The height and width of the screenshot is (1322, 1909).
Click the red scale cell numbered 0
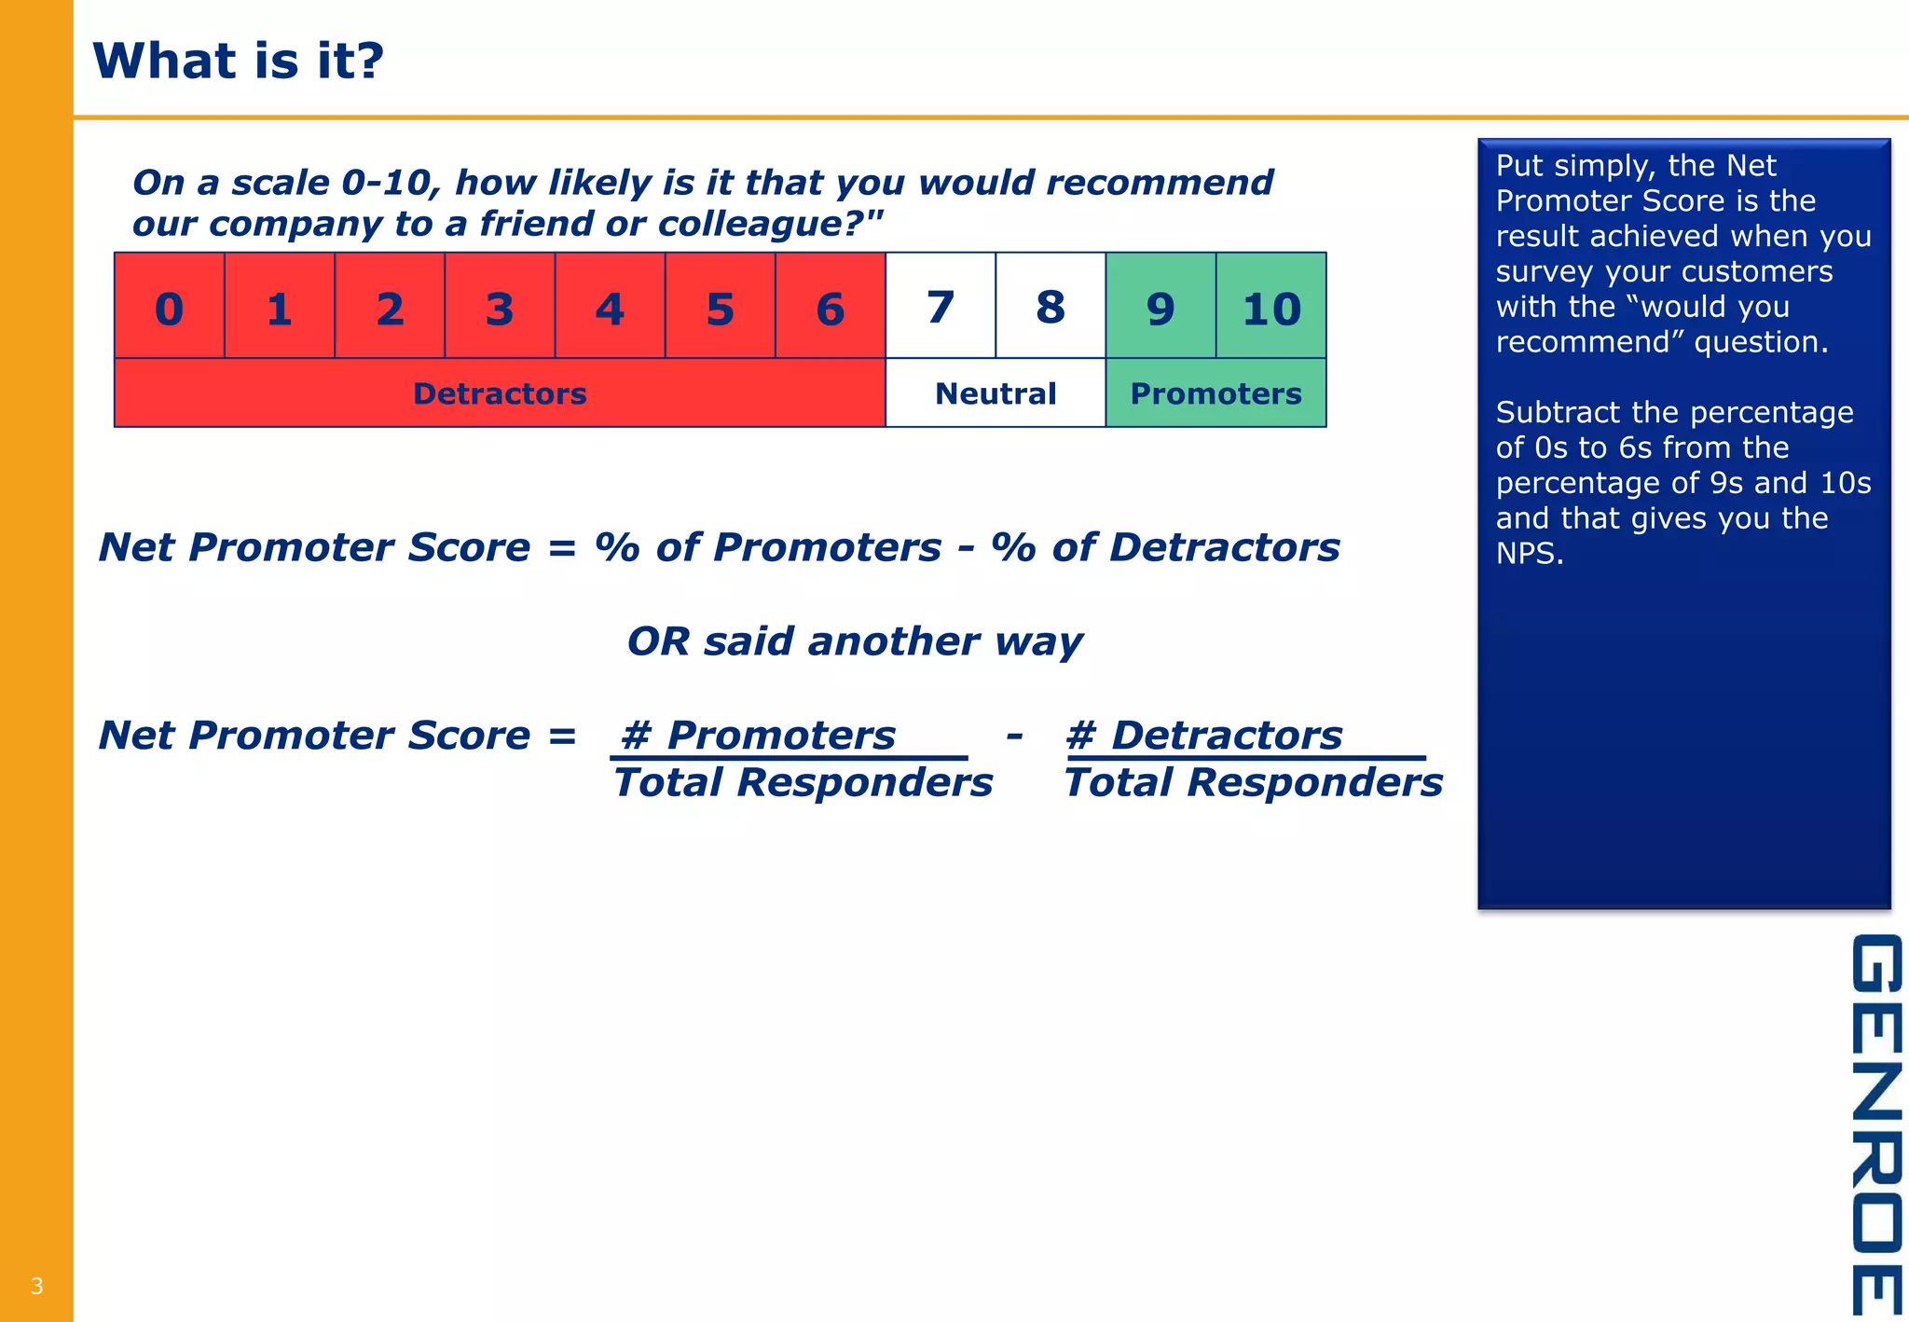pos(169,308)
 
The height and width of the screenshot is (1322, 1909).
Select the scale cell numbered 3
pos(500,308)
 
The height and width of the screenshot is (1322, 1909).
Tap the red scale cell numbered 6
pos(830,308)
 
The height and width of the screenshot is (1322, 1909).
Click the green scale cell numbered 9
pos(1160,308)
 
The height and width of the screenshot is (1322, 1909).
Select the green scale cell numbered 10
pos(1270,308)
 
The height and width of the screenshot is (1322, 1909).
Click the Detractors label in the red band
pos(500,393)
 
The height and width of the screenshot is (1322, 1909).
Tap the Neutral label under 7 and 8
pos(996,393)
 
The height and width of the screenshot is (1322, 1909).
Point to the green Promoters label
pos(1215,393)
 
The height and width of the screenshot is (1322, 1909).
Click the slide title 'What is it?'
pos(239,61)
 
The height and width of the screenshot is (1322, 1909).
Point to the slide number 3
pos(37,1287)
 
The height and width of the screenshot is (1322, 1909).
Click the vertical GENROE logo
pos(1875,1123)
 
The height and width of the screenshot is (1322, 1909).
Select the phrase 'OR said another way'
pos(854,641)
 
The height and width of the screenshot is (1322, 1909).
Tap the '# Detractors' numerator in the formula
pos(1203,736)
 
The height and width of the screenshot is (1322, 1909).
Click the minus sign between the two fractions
pos(1014,736)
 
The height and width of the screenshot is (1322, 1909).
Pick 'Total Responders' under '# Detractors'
pos(1253,782)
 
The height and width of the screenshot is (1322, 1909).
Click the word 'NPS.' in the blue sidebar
pos(1530,554)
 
